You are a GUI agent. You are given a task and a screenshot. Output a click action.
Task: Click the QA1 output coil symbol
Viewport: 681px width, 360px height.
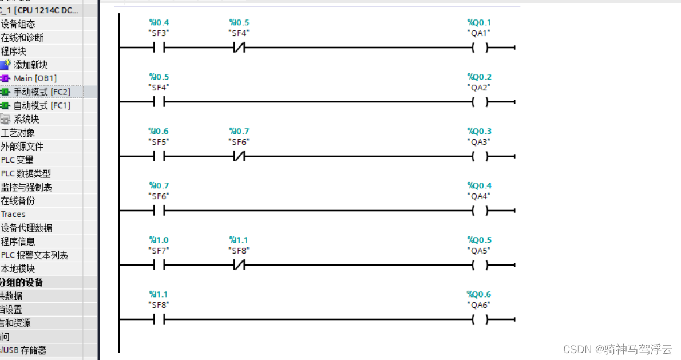[480, 48]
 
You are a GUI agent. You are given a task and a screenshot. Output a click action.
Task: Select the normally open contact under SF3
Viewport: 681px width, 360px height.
[159, 48]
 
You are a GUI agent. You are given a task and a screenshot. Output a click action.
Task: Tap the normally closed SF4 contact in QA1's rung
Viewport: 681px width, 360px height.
[239, 48]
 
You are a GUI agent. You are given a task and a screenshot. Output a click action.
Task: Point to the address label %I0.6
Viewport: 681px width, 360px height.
[159, 132]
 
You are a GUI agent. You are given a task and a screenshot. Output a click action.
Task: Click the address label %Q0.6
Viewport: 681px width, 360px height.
[479, 295]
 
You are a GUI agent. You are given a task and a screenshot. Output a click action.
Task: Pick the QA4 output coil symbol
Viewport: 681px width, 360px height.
[480, 211]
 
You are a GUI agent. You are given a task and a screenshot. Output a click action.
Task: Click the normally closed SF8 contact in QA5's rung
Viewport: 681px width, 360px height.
[239, 266]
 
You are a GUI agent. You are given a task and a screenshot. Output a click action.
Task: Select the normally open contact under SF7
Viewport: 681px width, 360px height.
[159, 266]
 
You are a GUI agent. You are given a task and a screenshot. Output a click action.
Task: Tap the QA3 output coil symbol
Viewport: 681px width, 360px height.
[480, 157]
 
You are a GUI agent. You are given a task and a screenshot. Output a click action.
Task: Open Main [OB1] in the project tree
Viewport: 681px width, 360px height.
[35, 78]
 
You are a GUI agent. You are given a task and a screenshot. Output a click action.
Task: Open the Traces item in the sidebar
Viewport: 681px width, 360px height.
[13, 214]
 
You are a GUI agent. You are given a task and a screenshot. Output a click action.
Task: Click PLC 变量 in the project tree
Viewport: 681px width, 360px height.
[17, 160]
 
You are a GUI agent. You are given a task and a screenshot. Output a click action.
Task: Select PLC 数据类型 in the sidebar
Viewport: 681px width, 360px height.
[26, 173]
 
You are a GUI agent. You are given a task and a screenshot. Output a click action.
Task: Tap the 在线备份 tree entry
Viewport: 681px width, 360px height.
[18, 201]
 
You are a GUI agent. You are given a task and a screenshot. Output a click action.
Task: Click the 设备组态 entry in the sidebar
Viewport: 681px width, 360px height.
[18, 24]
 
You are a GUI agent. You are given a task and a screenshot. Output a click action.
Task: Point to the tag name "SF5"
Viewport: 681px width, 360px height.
[159, 141]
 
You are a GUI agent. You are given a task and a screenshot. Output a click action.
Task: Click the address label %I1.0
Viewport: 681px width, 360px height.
[159, 240]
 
